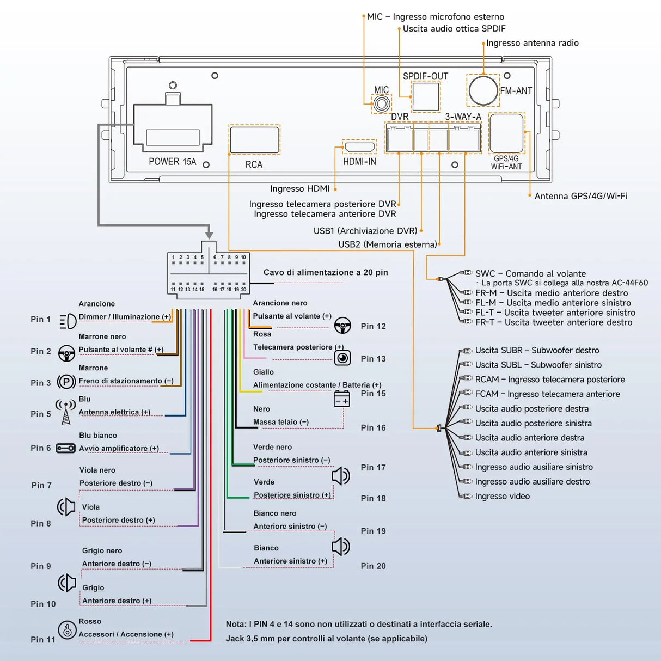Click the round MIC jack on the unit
[382, 103]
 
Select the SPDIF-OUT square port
[425, 96]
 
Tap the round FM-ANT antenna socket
[483, 90]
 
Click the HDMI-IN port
[359, 147]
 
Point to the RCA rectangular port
[254, 139]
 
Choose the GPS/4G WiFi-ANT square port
[506, 133]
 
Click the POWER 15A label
[172, 162]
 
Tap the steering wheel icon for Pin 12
[342, 326]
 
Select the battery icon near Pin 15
[342, 399]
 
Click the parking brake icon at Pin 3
[66, 382]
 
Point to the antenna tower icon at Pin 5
[65, 412]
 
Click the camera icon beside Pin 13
[342, 358]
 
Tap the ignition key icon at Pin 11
[67, 630]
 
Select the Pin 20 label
[373, 566]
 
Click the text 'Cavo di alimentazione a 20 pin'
[326, 272]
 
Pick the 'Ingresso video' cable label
[502, 496]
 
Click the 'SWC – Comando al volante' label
[530, 273]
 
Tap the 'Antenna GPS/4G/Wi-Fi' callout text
[580, 196]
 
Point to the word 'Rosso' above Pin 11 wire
[90, 621]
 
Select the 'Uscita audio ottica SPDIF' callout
[454, 29]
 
